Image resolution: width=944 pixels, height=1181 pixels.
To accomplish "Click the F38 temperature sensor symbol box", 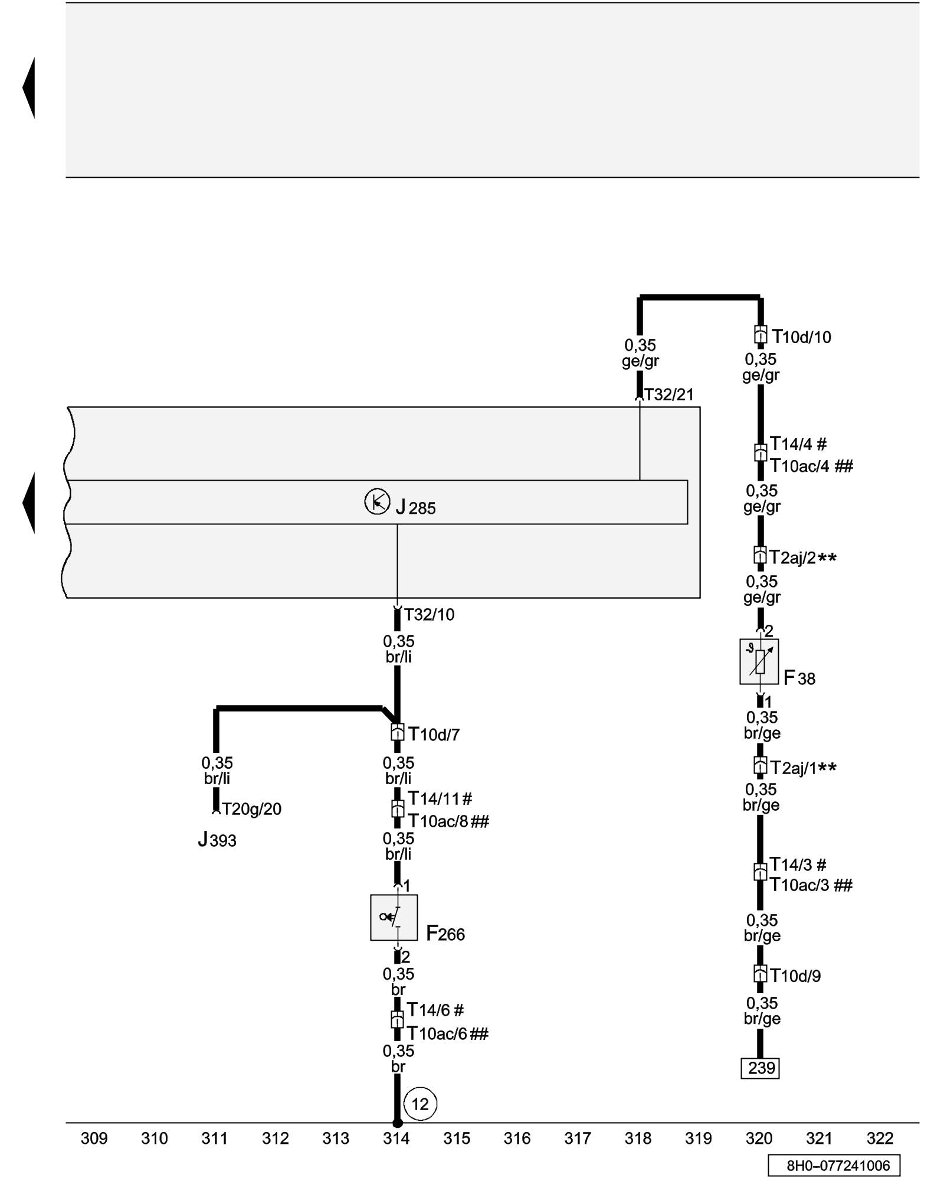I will click(x=759, y=661).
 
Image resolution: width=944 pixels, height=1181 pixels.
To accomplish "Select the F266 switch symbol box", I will click(x=394, y=917).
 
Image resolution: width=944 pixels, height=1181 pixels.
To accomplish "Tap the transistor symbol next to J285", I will click(x=377, y=502).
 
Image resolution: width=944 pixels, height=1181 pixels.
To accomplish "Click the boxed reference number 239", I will click(x=760, y=1068).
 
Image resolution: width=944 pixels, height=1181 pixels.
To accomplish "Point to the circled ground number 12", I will click(x=420, y=1104).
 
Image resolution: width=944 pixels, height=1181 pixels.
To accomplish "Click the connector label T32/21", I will click(x=668, y=394).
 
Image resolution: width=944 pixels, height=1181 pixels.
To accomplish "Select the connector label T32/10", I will click(x=429, y=615).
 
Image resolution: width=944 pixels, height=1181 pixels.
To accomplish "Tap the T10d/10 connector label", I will click(x=801, y=337).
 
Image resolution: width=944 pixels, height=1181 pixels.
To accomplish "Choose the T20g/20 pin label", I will click(x=251, y=809).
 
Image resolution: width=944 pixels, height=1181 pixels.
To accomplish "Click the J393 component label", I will click(x=217, y=840).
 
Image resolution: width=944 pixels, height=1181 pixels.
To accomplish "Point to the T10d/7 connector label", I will click(x=434, y=735).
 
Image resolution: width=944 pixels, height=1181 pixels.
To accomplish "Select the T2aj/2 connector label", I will click(x=802, y=558).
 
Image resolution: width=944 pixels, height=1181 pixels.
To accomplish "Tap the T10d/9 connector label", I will click(x=795, y=976).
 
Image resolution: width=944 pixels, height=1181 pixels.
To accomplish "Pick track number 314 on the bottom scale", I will click(x=396, y=1138).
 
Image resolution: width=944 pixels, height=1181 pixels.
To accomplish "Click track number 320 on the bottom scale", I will click(x=759, y=1138).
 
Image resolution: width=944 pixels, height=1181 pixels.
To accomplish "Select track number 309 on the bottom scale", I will click(x=94, y=1138).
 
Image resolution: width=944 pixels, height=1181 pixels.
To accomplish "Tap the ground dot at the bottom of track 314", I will click(x=397, y=1123).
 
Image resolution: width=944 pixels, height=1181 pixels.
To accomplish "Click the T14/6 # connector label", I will click(x=435, y=1010).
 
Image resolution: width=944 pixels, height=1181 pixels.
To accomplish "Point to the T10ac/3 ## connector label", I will click(x=811, y=885).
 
